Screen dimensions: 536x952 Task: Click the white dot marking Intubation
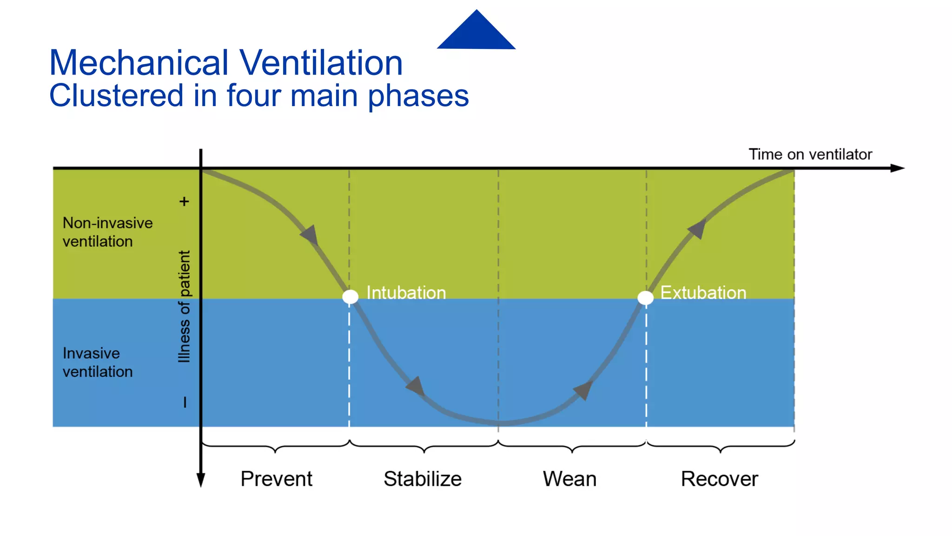point(350,296)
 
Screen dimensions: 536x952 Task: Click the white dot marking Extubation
point(645,298)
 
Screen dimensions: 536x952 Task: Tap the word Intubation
point(406,293)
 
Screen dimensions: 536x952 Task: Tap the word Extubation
point(703,293)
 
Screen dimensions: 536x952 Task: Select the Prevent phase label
point(276,479)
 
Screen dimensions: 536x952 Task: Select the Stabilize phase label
point(422,479)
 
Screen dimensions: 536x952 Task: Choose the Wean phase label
point(569,479)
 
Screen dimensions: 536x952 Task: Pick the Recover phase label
point(719,479)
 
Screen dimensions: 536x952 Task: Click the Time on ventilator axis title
point(810,154)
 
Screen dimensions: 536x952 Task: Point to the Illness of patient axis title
point(185,306)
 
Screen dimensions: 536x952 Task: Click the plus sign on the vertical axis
point(184,201)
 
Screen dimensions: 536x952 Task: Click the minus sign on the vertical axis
point(185,402)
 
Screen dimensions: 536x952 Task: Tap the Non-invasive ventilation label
point(107,232)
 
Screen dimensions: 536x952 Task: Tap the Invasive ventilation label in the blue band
point(98,362)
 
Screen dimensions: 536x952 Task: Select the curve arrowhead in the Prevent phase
point(310,235)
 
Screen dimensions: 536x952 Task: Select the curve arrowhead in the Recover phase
point(697,228)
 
